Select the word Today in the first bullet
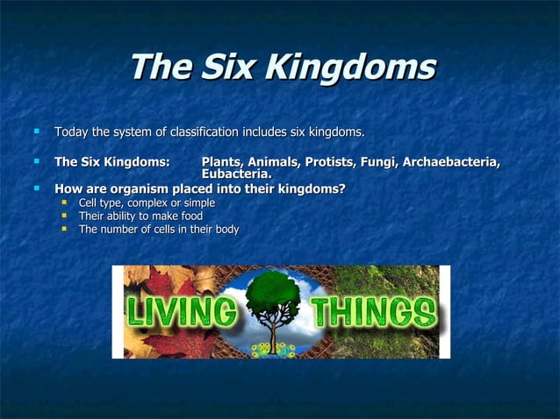(x=72, y=132)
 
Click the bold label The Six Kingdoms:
(x=111, y=162)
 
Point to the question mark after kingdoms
(x=341, y=188)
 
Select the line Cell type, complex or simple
(x=147, y=203)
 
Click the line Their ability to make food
(x=140, y=217)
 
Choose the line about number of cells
(x=158, y=230)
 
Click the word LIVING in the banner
(x=182, y=313)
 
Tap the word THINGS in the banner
(x=373, y=313)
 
